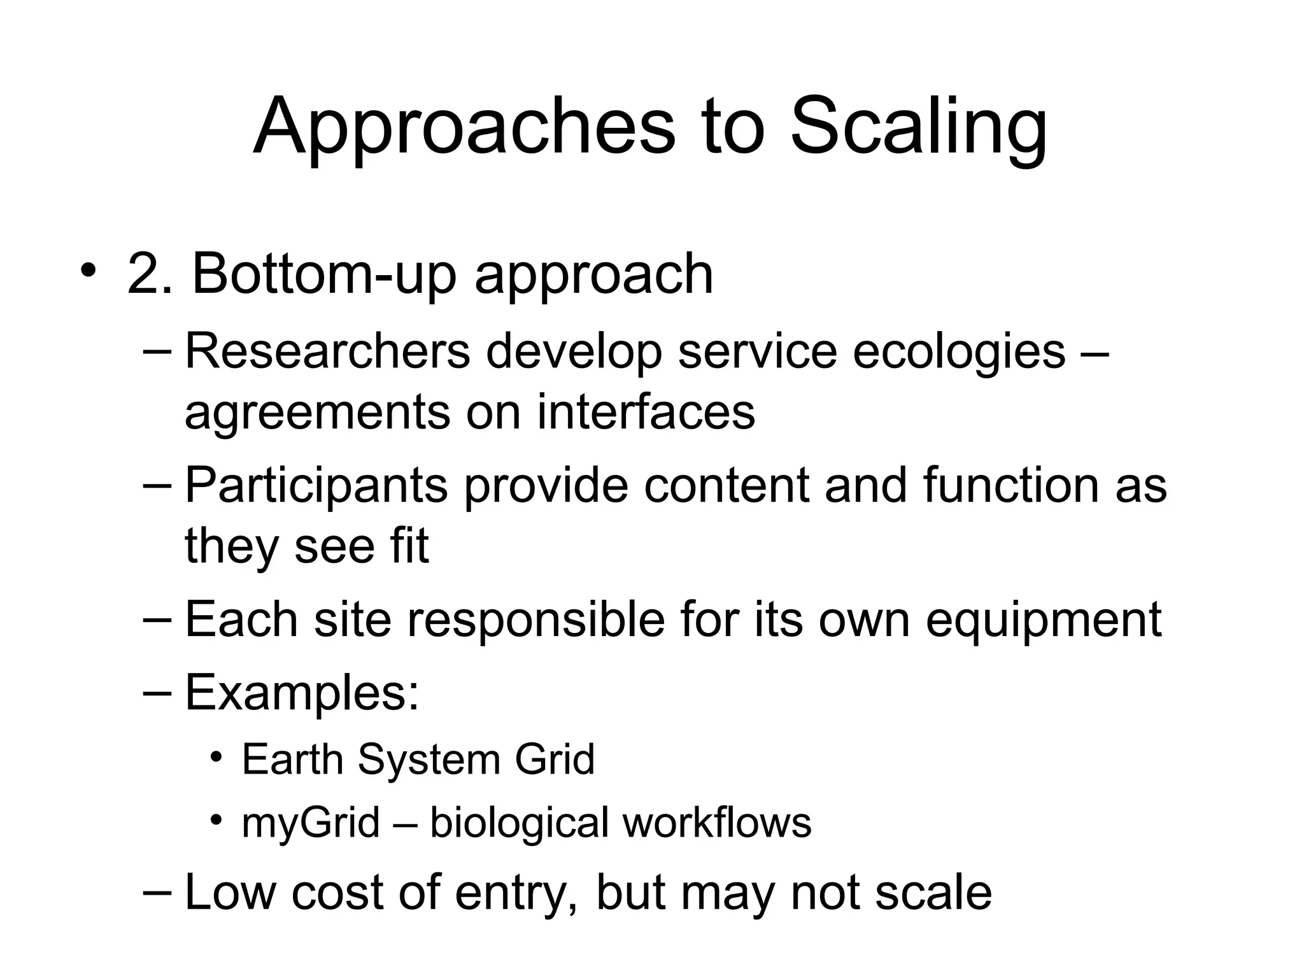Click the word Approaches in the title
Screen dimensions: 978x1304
coord(464,127)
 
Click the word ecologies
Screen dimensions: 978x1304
coord(959,352)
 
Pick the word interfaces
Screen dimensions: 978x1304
coord(646,412)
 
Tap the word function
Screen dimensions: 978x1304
coord(1010,485)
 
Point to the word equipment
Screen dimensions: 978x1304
coord(1044,620)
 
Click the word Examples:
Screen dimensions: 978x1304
coord(302,693)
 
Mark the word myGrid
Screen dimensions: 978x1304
coord(311,823)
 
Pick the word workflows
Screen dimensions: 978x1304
coord(717,822)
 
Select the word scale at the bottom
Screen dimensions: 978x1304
coord(933,892)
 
